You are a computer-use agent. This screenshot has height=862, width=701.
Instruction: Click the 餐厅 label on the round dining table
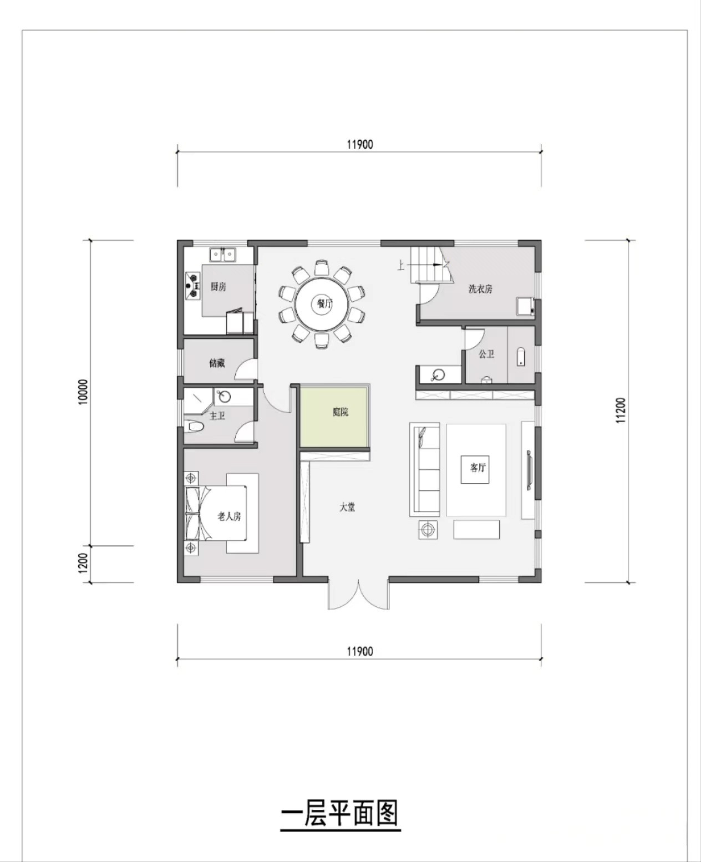tap(324, 303)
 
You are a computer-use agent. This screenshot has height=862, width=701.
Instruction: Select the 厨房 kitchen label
tap(219, 287)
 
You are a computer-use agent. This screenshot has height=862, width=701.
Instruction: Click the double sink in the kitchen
tap(223, 255)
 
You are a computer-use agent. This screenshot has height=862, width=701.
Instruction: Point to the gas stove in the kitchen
tap(193, 285)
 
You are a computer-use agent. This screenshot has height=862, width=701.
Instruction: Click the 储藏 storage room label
tap(217, 363)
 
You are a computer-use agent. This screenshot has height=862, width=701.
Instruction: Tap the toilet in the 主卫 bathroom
tap(194, 427)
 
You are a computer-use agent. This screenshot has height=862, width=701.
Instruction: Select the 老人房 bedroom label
tap(230, 516)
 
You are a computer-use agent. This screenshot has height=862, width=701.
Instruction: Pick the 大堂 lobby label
tap(348, 507)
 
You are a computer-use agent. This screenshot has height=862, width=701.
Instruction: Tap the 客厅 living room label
tap(478, 468)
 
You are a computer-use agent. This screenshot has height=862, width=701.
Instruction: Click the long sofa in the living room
tap(425, 470)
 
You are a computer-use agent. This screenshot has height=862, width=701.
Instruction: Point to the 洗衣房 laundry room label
tap(480, 289)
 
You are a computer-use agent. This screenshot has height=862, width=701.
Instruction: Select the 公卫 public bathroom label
tap(486, 354)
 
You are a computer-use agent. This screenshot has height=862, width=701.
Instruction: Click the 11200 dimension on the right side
tap(621, 411)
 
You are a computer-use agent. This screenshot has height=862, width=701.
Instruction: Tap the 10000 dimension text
tap(83, 392)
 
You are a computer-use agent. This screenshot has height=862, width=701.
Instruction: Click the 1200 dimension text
tap(83, 563)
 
